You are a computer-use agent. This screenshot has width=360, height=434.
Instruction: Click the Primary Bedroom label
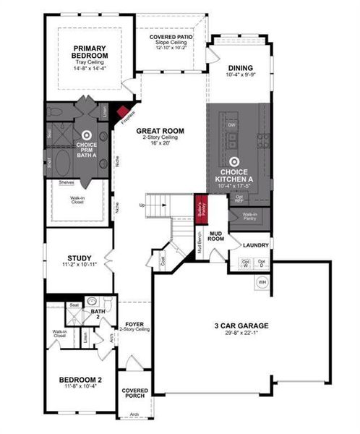click(90, 52)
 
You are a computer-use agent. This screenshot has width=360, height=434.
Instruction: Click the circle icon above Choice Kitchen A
click(233, 163)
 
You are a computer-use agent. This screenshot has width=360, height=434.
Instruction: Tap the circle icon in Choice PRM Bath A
click(87, 134)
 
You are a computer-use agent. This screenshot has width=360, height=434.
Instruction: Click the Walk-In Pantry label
click(250, 216)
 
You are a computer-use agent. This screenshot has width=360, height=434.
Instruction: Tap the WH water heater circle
click(262, 281)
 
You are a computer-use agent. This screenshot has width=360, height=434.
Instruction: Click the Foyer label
click(135, 323)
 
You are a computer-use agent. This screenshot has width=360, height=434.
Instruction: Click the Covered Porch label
click(134, 393)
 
